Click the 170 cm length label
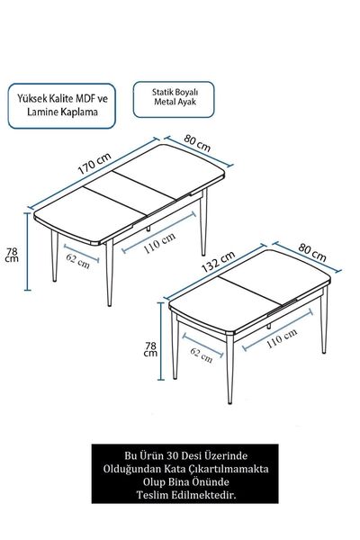[94, 163]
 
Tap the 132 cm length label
[218, 261]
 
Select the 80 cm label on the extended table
[197, 143]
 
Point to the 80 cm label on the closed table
[312, 252]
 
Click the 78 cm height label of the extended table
[12, 255]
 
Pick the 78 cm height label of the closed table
[150, 349]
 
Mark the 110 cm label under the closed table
[282, 337]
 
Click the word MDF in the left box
[86, 99]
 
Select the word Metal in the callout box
[163, 102]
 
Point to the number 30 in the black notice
[172, 455]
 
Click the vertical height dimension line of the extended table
[28, 251]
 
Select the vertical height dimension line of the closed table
[161, 341]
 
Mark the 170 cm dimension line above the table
[94, 174]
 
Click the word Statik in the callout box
[163, 93]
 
